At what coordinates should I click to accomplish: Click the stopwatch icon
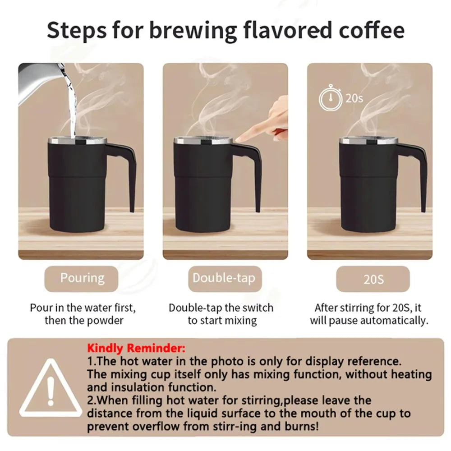pos(330,98)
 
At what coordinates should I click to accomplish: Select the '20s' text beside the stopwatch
pos(354,98)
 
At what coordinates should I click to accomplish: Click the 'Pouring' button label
pos(82,278)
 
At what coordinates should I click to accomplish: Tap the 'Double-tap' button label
pos(224,278)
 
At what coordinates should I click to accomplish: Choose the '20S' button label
pos(373,279)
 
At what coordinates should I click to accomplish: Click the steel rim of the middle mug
pos(203,141)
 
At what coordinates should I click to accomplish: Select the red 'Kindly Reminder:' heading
pos(136,349)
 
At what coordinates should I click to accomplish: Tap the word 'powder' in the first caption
pos(106,321)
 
